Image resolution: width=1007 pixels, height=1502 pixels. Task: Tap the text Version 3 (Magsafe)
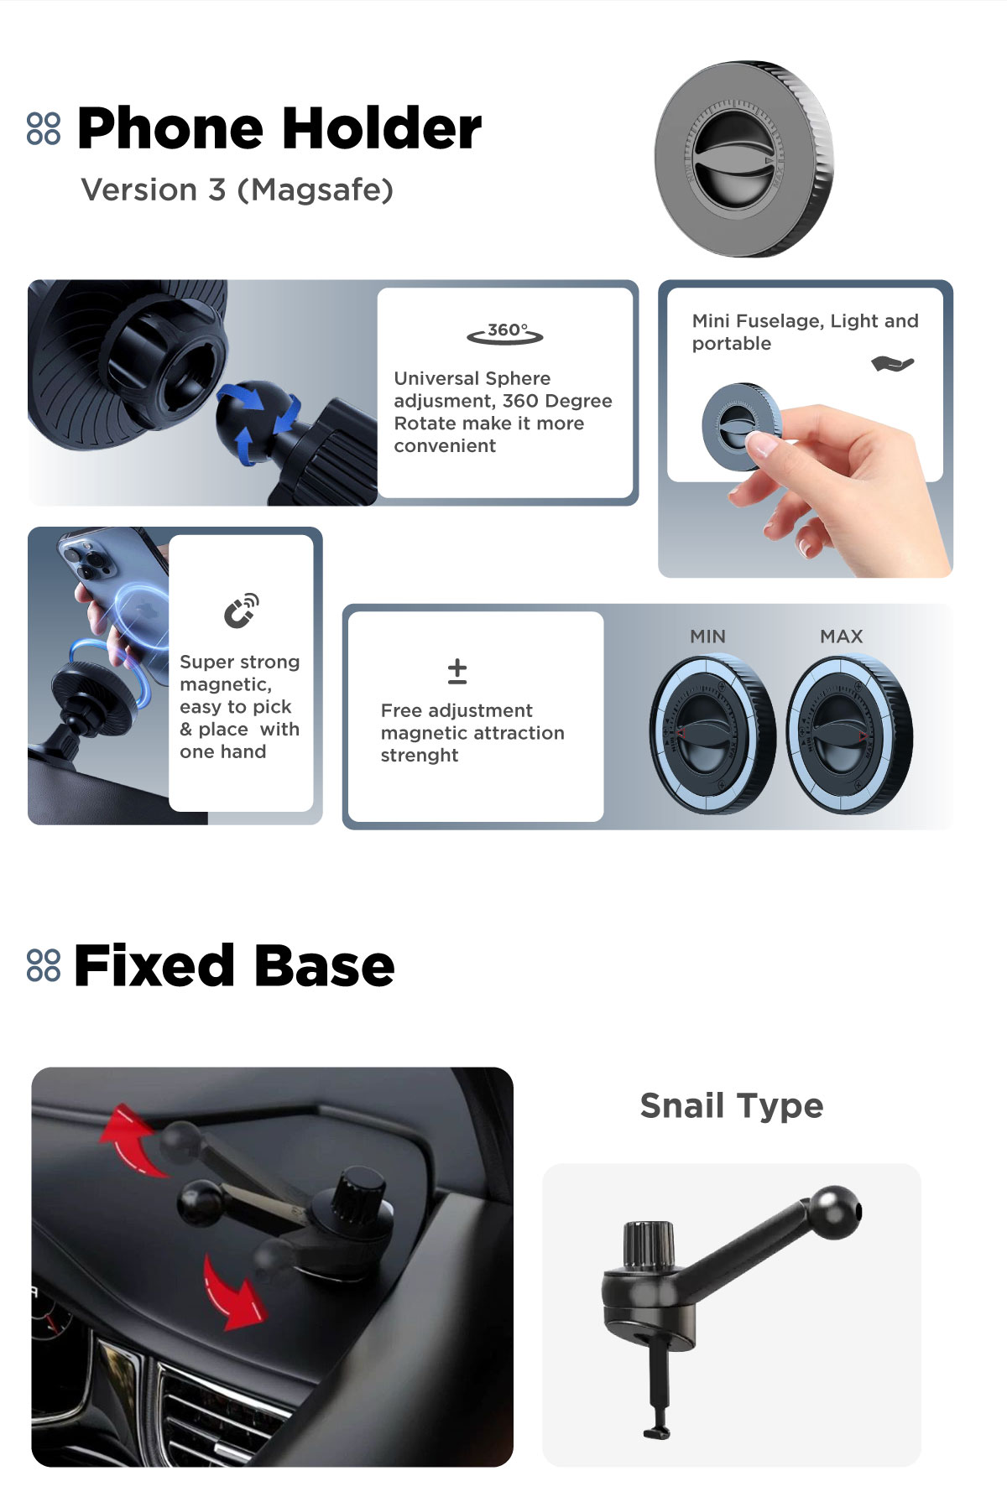click(x=237, y=190)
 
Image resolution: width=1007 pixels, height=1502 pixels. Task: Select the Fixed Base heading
click(x=234, y=965)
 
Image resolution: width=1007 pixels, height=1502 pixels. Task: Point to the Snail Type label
click(x=732, y=1106)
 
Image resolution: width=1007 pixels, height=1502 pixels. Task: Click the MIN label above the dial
click(x=707, y=637)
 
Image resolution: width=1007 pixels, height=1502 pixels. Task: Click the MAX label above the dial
click(x=842, y=637)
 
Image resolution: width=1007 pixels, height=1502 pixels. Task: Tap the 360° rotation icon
click(x=505, y=333)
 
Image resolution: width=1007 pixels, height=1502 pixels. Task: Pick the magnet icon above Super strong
click(x=241, y=611)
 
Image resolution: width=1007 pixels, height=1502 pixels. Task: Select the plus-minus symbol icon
click(x=457, y=671)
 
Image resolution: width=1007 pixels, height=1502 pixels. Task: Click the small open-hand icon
click(x=892, y=363)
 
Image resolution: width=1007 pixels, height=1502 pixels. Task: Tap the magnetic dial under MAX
click(x=849, y=735)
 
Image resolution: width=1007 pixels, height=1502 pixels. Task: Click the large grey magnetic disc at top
click(x=744, y=159)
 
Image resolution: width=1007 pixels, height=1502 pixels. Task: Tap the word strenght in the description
click(x=420, y=756)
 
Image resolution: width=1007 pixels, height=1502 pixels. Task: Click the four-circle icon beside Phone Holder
click(x=44, y=128)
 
